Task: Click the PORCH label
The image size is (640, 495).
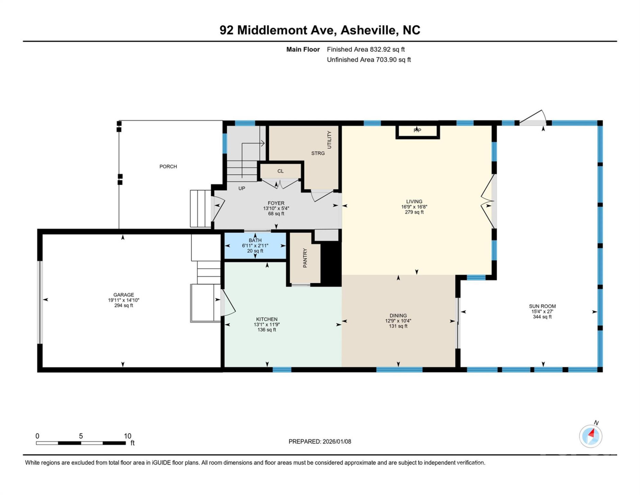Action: click(x=168, y=166)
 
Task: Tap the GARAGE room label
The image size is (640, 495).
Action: click(x=124, y=295)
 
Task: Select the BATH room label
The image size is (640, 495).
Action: click(x=255, y=240)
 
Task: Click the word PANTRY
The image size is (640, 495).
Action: click(x=305, y=258)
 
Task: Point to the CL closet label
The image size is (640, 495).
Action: click(x=280, y=171)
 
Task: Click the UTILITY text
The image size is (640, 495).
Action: click(x=329, y=140)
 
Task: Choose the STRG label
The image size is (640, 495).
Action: click(x=318, y=153)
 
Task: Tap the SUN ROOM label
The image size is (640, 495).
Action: click(x=542, y=306)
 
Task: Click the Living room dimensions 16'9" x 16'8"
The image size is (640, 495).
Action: click(x=414, y=207)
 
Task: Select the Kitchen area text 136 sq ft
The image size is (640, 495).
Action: click(x=267, y=330)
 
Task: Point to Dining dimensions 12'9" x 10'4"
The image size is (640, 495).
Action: click(x=398, y=321)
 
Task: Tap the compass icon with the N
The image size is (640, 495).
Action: click(x=591, y=436)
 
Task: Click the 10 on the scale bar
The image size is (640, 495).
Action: click(x=127, y=436)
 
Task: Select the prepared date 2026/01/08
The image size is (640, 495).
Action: click(x=336, y=441)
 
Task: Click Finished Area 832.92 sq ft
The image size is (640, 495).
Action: click(x=366, y=49)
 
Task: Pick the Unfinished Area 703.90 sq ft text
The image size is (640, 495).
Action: click(x=368, y=60)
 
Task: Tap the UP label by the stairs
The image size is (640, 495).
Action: click(x=242, y=188)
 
